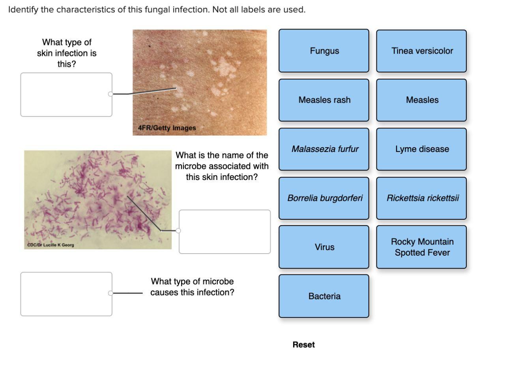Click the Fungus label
point(324,51)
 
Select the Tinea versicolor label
point(421,51)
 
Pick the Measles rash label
point(324,100)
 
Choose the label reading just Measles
point(421,100)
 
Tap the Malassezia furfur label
point(324,149)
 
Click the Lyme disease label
point(421,149)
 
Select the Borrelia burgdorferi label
point(324,198)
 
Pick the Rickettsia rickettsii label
point(421,198)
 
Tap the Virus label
point(324,247)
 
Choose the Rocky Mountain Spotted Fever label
point(421,247)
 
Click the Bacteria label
point(324,296)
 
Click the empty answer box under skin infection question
point(66,95)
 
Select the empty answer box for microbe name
point(225,232)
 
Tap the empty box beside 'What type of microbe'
point(66,294)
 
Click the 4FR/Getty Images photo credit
point(167,128)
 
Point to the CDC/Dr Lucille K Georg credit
point(50,245)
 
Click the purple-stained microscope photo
point(98,197)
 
